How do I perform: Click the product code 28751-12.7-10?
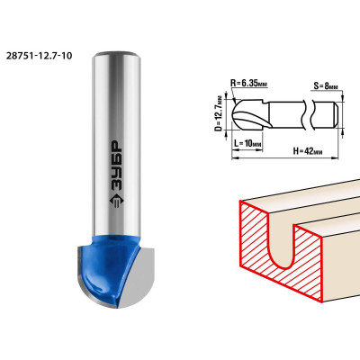pos(39,56)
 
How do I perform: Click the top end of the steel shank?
pos(116,54)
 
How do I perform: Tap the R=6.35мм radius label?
pos(248,83)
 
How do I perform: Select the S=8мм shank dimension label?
pos(326,86)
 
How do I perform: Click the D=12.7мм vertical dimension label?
pos(220,113)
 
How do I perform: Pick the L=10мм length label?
pos(247,144)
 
